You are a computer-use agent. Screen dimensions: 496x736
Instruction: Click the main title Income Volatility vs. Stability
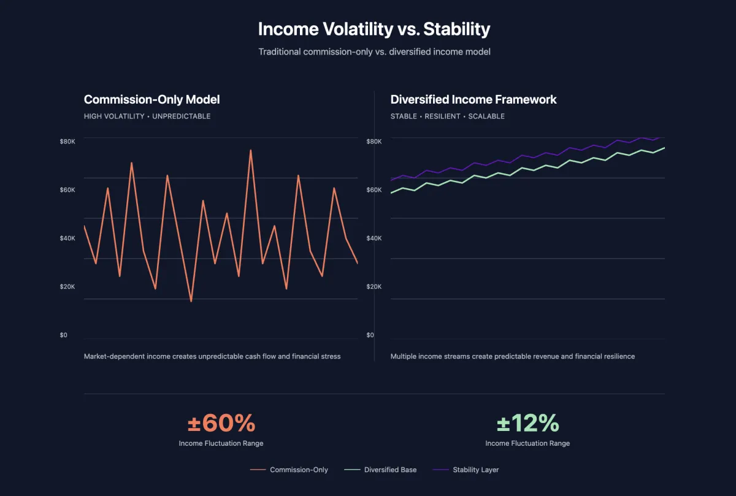click(374, 29)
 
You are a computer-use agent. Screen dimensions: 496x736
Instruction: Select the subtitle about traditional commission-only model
click(374, 52)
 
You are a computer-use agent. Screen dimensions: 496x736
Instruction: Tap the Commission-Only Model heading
click(151, 99)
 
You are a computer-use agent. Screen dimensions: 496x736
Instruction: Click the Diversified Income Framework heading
click(473, 99)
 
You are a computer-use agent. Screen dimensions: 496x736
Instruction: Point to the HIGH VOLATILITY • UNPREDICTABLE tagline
click(147, 116)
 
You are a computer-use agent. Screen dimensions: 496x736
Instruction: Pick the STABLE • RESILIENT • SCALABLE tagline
click(448, 116)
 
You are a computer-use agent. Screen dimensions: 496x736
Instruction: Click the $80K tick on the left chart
click(67, 142)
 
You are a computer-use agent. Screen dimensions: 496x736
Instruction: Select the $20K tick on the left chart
click(67, 287)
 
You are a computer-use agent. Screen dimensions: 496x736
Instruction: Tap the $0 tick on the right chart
click(370, 335)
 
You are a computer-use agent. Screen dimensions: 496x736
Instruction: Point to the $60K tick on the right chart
click(374, 190)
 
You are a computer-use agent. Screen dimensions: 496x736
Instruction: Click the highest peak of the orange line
click(250, 150)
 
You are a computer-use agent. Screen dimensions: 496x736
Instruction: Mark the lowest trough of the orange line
click(191, 301)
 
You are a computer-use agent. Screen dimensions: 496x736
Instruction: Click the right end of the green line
click(664, 148)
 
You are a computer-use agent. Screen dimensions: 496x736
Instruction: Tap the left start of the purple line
click(391, 180)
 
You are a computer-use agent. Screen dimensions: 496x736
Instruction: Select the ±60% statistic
click(221, 423)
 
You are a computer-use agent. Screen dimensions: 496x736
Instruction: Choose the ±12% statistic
click(527, 423)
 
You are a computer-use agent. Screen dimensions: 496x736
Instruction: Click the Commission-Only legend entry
click(289, 470)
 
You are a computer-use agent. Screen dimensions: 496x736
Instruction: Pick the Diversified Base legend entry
click(380, 470)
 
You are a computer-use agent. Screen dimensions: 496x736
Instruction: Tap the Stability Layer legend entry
click(466, 470)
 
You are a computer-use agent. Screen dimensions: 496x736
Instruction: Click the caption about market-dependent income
click(212, 356)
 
